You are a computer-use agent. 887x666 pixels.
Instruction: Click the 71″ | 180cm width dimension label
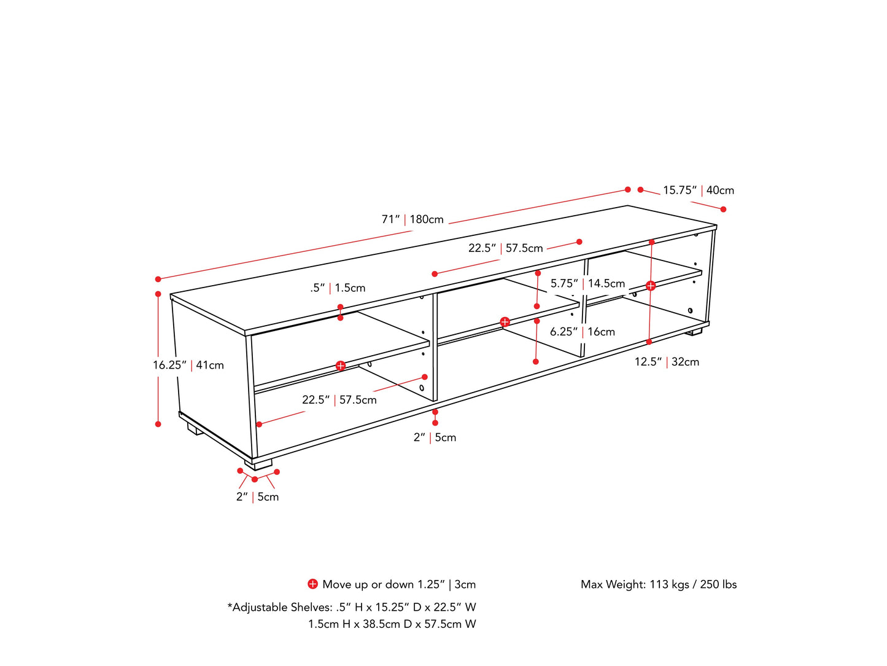tap(413, 219)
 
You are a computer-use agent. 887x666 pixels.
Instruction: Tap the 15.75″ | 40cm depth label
tap(698, 190)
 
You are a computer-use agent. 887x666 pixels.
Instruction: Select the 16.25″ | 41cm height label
tap(188, 365)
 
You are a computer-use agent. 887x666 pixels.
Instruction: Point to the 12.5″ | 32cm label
tap(667, 362)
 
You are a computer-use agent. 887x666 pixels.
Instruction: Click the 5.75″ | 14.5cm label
tap(587, 283)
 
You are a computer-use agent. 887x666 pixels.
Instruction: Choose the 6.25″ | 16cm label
tap(582, 332)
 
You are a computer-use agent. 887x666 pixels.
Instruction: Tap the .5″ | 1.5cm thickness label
tap(338, 288)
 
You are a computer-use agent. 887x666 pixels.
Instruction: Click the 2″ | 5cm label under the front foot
tap(257, 497)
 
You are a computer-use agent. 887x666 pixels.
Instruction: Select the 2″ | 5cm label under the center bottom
tap(435, 437)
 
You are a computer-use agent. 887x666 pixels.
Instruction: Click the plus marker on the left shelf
tap(341, 366)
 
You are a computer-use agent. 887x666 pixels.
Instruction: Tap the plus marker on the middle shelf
tap(505, 322)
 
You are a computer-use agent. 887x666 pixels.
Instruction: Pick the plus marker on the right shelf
tap(651, 286)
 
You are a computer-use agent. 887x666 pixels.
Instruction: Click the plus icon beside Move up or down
tap(312, 584)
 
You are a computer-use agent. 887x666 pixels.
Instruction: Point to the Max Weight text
tap(659, 584)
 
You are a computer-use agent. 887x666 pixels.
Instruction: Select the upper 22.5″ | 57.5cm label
tap(505, 248)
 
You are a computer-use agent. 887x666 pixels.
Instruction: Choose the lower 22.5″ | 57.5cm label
tap(339, 400)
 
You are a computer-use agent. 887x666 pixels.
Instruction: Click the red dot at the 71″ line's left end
tap(158, 279)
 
